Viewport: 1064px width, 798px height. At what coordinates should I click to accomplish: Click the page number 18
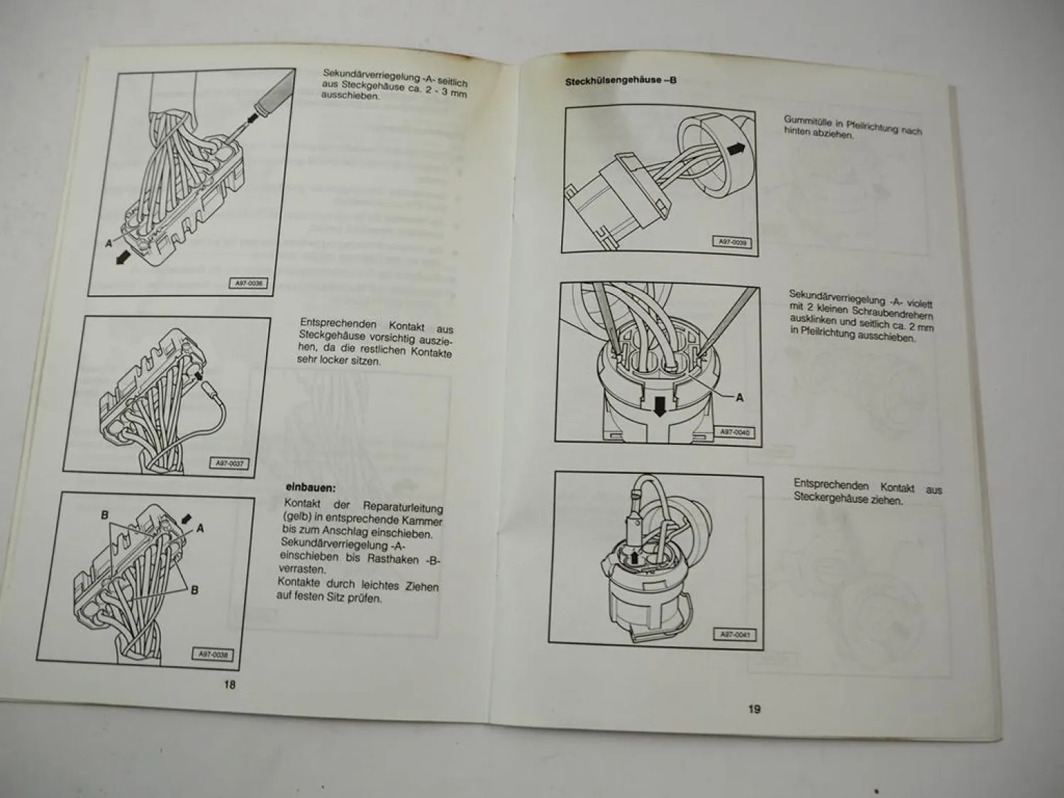click(x=229, y=685)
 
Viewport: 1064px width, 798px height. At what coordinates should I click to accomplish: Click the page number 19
click(x=754, y=709)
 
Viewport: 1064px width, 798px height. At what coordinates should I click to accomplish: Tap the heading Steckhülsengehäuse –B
click(x=620, y=81)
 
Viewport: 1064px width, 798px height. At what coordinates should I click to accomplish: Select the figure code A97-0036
click(x=248, y=283)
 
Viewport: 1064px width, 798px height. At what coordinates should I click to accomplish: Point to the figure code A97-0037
click(x=229, y=463)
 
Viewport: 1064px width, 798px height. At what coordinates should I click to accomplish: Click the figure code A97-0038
click(x=211, y=655)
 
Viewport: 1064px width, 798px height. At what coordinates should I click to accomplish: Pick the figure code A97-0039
click(x=731, y=243)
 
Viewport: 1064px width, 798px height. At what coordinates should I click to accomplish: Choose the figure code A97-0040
click(x=735, y=432)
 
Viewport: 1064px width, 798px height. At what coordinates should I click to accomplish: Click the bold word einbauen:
click(x=310, y=487)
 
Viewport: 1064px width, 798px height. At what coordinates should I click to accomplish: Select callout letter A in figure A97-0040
click(x=739, y=397)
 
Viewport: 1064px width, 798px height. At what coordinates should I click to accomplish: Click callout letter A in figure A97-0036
click(x=109, y=243)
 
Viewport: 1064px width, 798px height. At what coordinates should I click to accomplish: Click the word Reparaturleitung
click(x=402, y=507)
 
